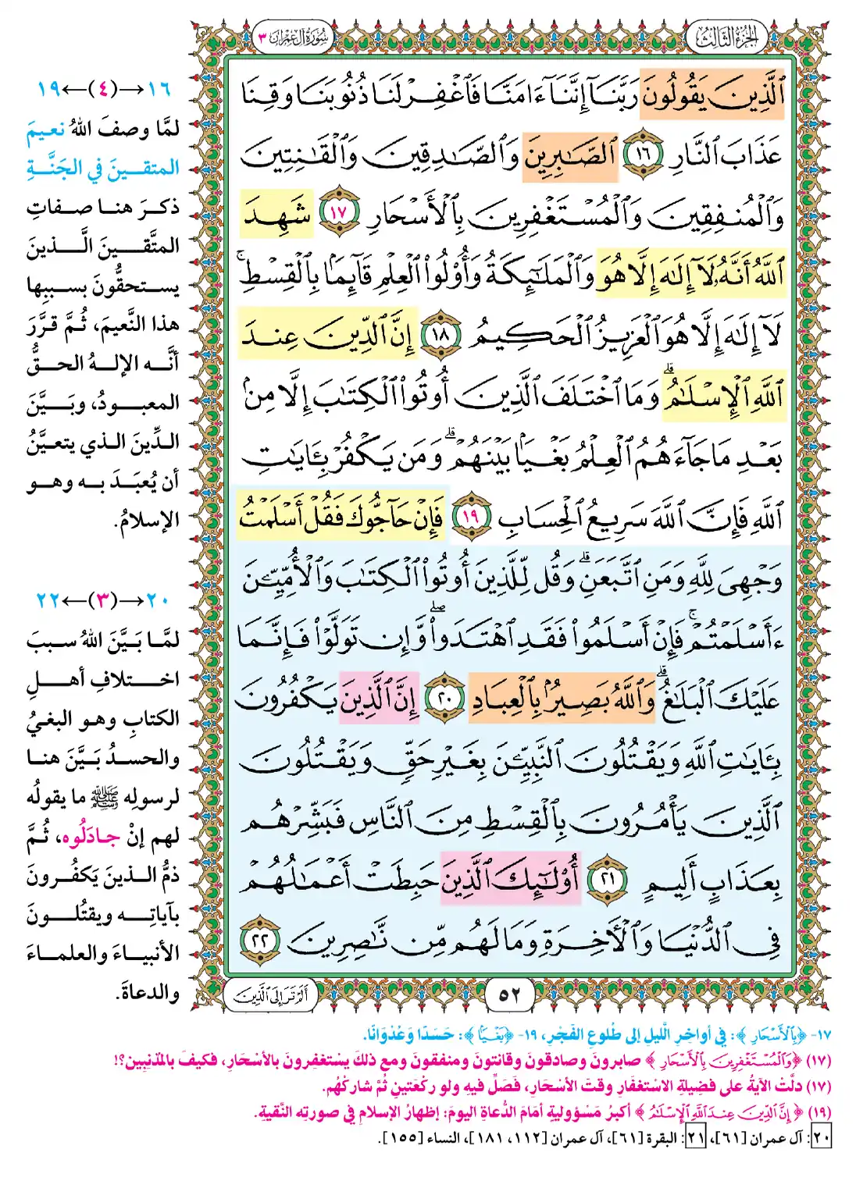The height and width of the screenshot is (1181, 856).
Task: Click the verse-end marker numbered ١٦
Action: click(642, 154)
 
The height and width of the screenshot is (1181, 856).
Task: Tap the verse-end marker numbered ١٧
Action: click(337, 212)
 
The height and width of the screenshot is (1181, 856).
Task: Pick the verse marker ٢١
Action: click(607, 879)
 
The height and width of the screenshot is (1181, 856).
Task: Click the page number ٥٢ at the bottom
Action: click(509, 994)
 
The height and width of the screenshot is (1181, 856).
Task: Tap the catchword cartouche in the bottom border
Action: click(272, 994)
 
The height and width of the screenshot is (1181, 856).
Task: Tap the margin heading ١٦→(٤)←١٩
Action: click(105, 89)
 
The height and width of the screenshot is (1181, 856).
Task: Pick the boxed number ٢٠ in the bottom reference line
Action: click(820, 1138)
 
